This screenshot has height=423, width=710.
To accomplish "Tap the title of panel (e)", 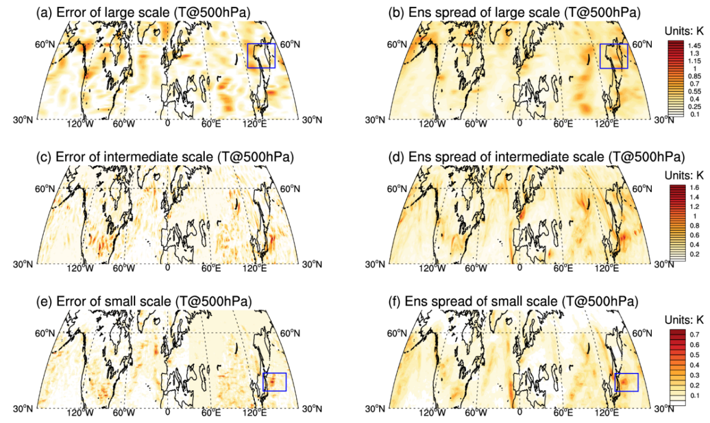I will [x=147, y=301].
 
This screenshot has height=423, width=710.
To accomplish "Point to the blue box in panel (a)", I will [x=261, y=56].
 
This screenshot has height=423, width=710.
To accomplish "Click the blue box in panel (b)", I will [x=613, y=56].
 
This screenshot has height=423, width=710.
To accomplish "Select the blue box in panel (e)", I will [x=274, y=382].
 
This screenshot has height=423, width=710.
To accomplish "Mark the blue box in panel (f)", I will [x=627, y=382].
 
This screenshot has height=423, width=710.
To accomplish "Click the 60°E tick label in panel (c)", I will [x=211, y=268].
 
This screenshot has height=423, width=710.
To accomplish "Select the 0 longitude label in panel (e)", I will [x=167, y=412].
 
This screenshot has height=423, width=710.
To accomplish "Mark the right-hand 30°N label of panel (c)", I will [x=310, y=264].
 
